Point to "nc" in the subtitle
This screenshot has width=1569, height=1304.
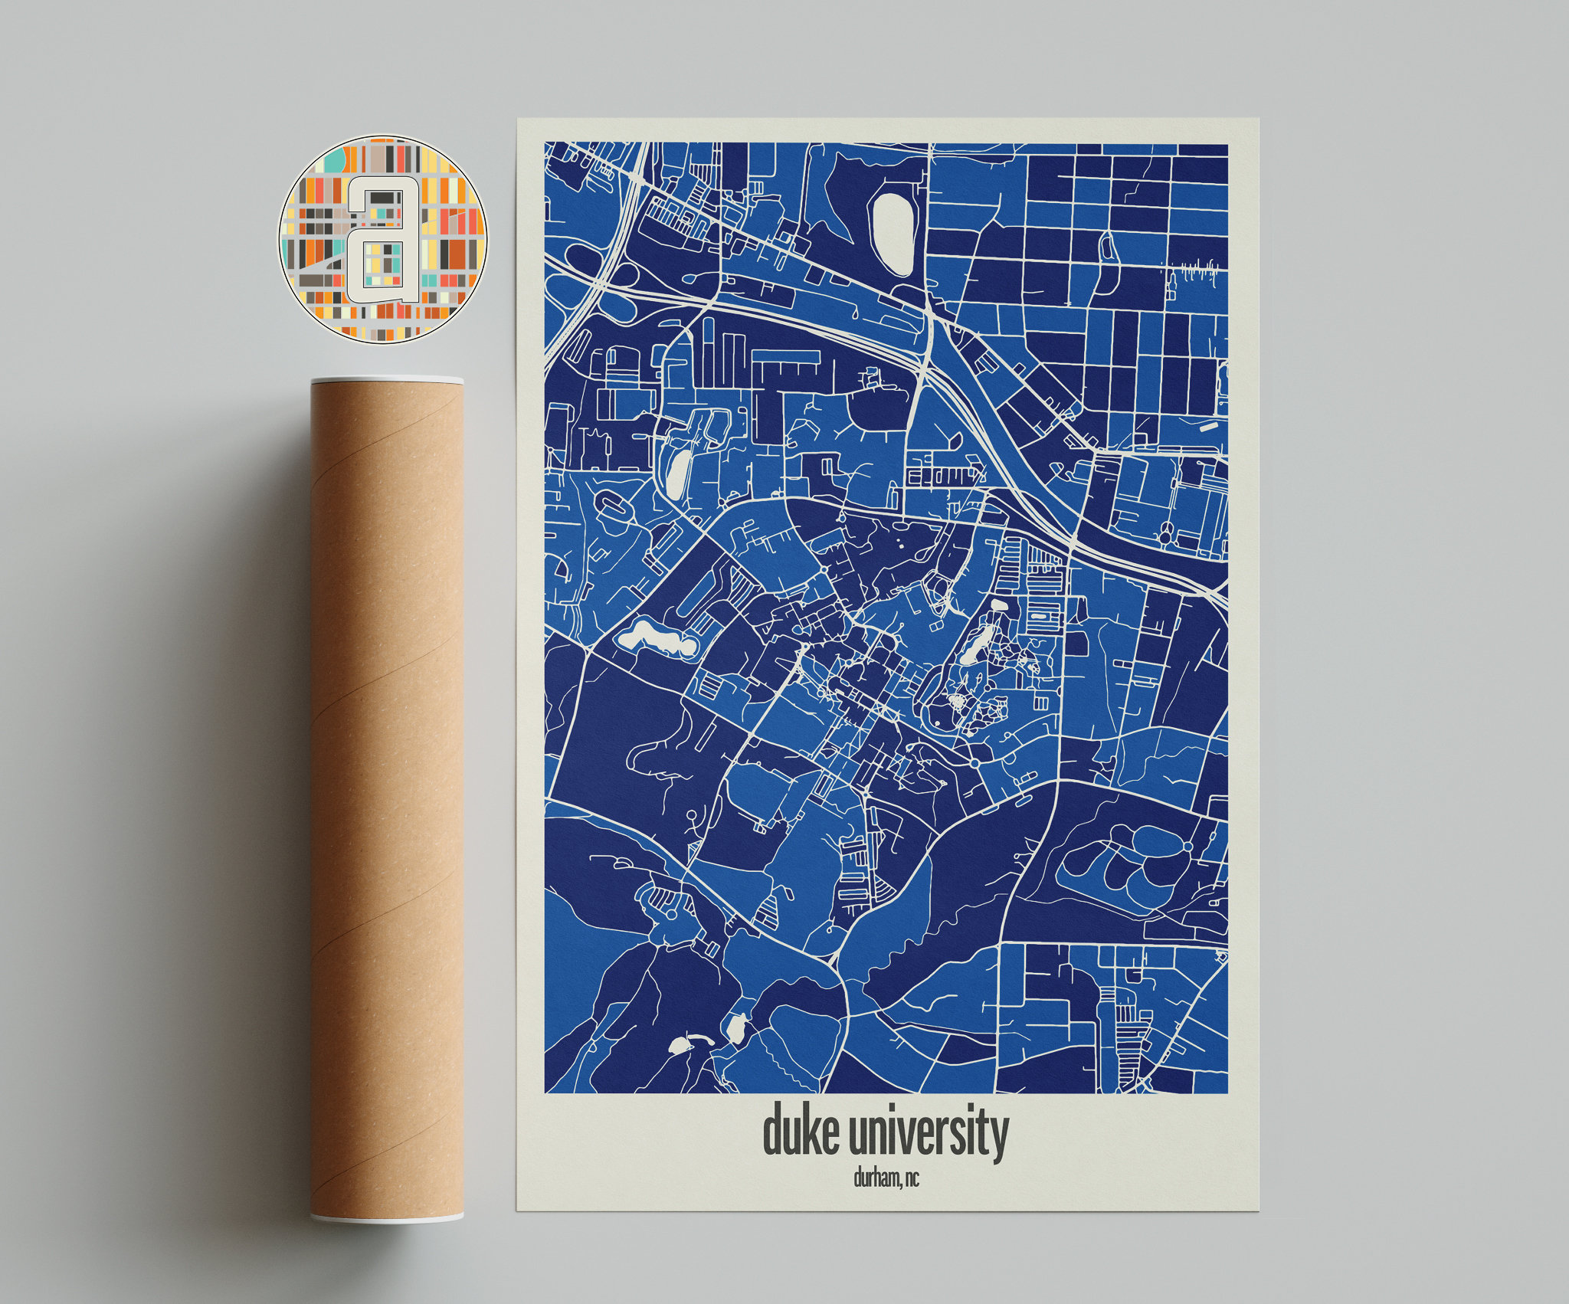tap(912, 1178)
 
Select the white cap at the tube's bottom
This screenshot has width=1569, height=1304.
tap(387, 1217)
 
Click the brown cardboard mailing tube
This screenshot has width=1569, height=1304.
tap(387, 797)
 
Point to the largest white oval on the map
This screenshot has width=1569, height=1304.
tap(893, 234)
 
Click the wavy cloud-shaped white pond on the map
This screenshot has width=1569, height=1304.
tap(657, 637)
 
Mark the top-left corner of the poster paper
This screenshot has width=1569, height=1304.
tap(519, 119)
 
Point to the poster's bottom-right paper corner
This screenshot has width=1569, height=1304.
tap(1258, 1211)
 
